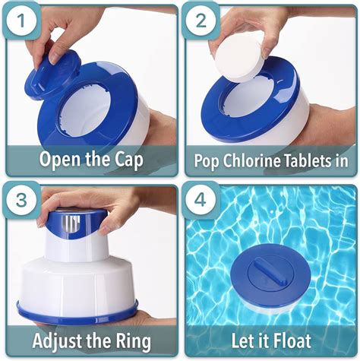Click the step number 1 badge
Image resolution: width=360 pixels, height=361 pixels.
tap(24, 24)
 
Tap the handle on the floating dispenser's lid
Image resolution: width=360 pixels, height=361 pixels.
tap(267, 267)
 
